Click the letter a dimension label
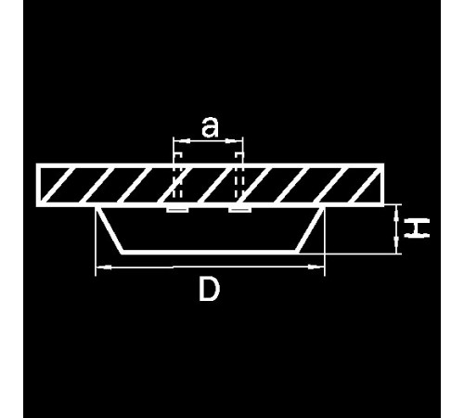click(210, 127)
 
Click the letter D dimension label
click(209, 289)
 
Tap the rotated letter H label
click(417, 228)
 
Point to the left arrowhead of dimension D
click(104, 267)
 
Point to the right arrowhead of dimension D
click(316, 267)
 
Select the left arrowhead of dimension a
click(182, 141)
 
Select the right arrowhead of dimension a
click(235, 141)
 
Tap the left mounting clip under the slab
click(177, 210)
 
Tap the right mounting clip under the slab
click(239, 210)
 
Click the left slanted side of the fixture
click(110, 229)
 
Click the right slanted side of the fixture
click(311, 229)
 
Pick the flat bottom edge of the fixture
click(211, 252)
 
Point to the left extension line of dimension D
click(96, 241)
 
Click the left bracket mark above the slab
click(177, 155)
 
